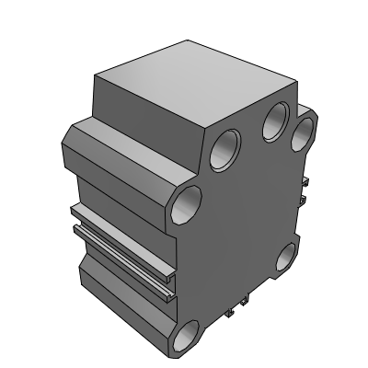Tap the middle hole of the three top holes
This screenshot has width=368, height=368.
click(x=274, y=121)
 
